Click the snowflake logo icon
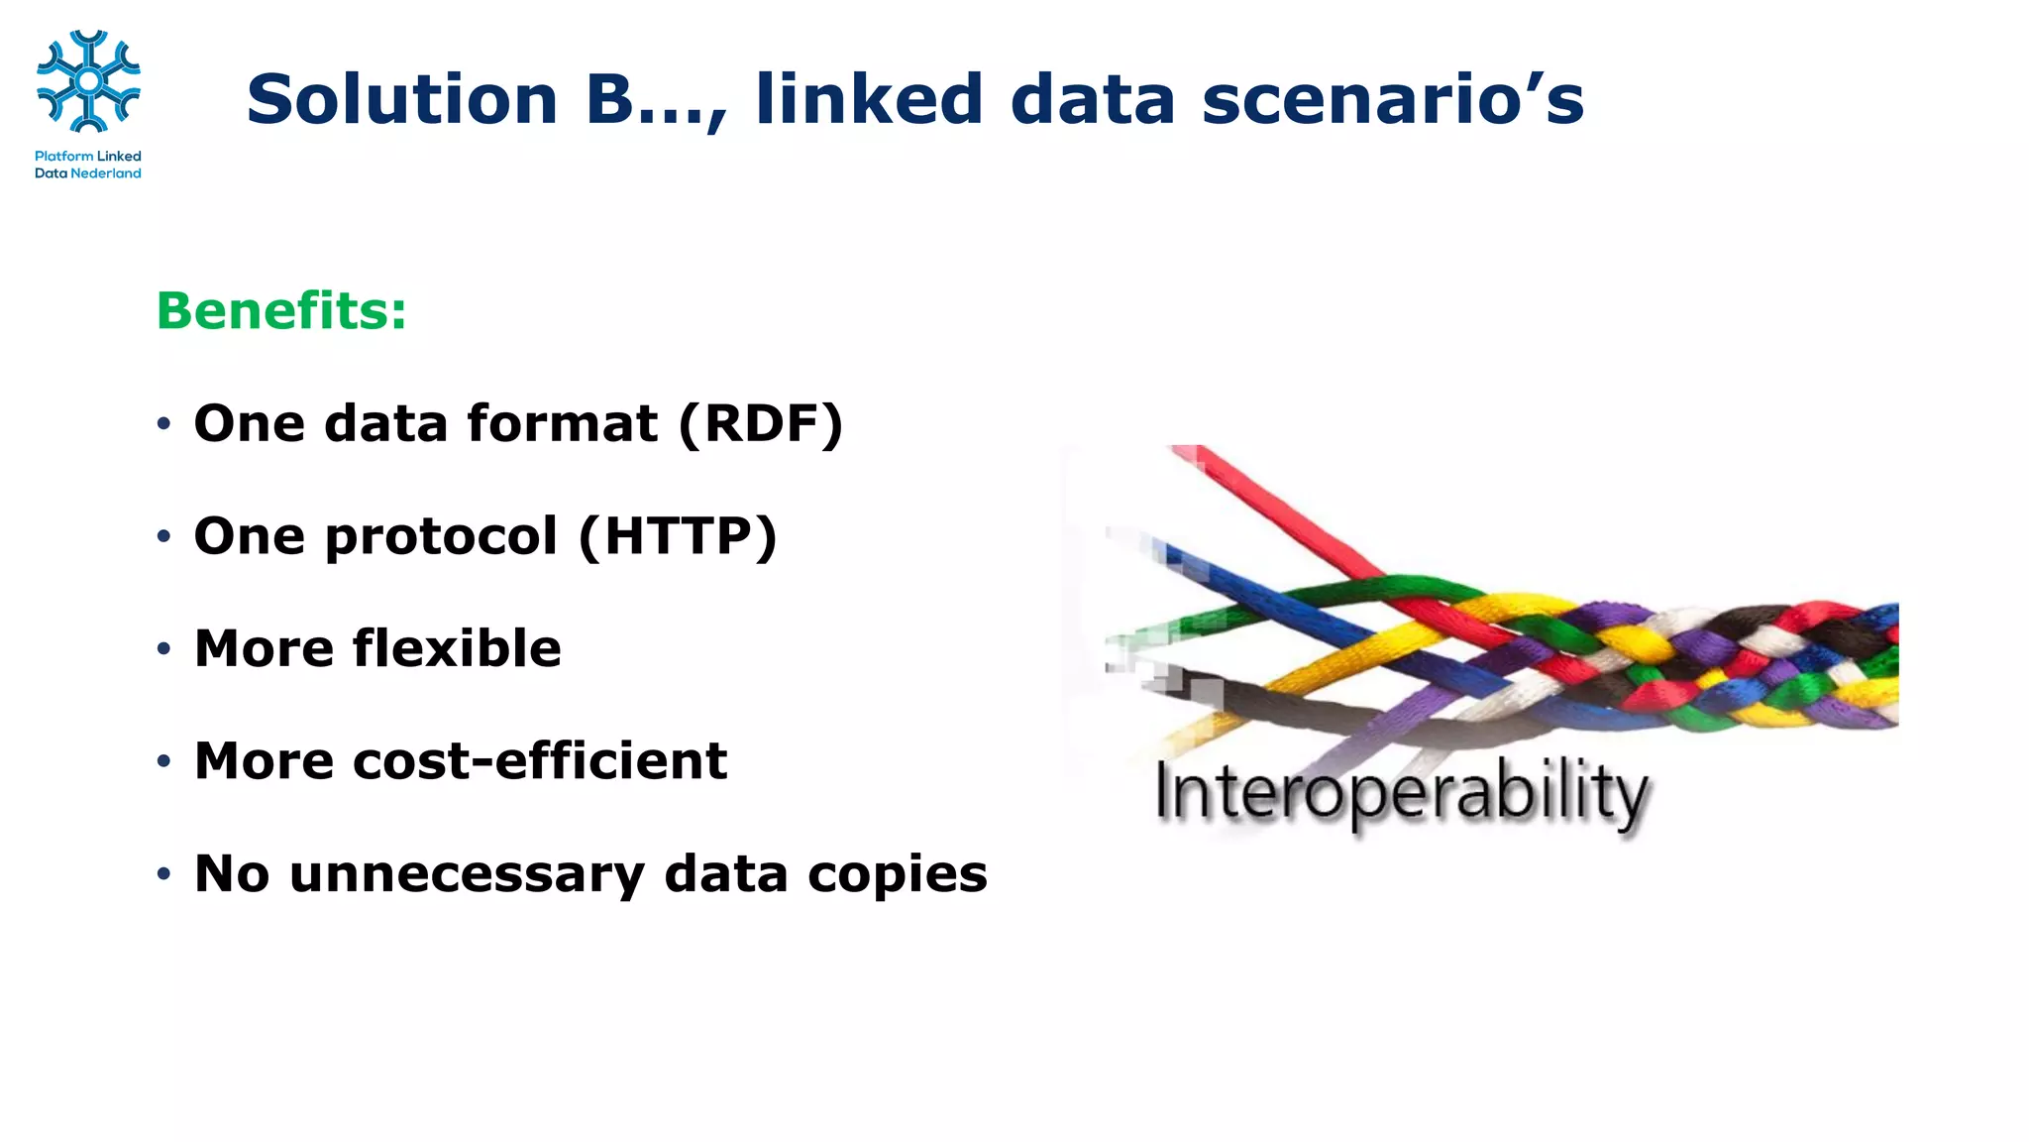point(88,81)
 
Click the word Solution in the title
point(402,100)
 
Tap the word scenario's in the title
point(1392,100)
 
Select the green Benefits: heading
point(281,311)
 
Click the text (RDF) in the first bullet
point(761,424)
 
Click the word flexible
point(457,649)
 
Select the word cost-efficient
point(540,761)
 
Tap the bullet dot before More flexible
point(163,650)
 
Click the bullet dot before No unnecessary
point(163,875)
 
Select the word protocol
point(441,537)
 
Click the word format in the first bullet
point(562,424)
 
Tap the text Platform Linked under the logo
point(88,156)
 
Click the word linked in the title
point(869,100)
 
